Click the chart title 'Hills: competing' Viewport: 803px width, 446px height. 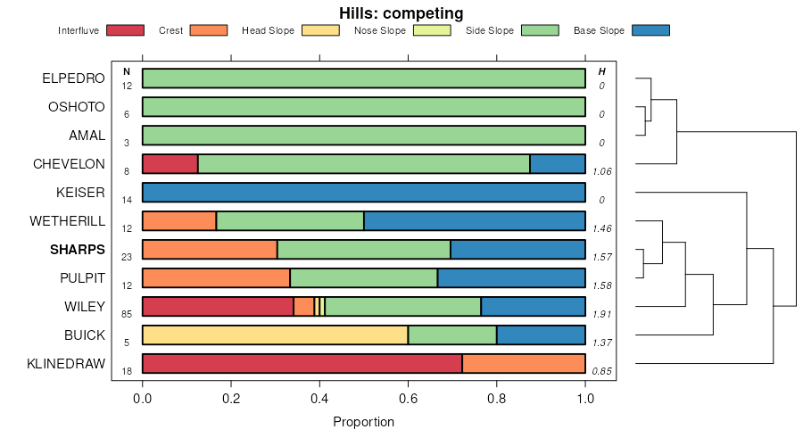[401, 13]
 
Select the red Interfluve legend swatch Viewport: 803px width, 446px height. [125, 30]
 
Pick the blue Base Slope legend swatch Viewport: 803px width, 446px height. [650, 30]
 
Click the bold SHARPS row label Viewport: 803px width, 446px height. [78, 250]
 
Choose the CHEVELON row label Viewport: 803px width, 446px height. [69, 164]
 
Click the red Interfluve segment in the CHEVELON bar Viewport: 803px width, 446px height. [170, 164]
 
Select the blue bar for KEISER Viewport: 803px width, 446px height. [363, 193]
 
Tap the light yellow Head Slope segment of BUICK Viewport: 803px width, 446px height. [275, 335]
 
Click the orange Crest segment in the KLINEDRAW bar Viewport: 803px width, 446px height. [524, 364]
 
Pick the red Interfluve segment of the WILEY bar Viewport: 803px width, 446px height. [218, 307]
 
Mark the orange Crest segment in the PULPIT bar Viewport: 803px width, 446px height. [216, 278]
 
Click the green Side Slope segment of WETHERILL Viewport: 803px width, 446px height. [290, 221]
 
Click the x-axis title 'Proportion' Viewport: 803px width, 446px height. [363, 421]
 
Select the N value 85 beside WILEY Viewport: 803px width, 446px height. [127, 314]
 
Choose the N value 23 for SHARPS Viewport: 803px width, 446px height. [127, 257]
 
